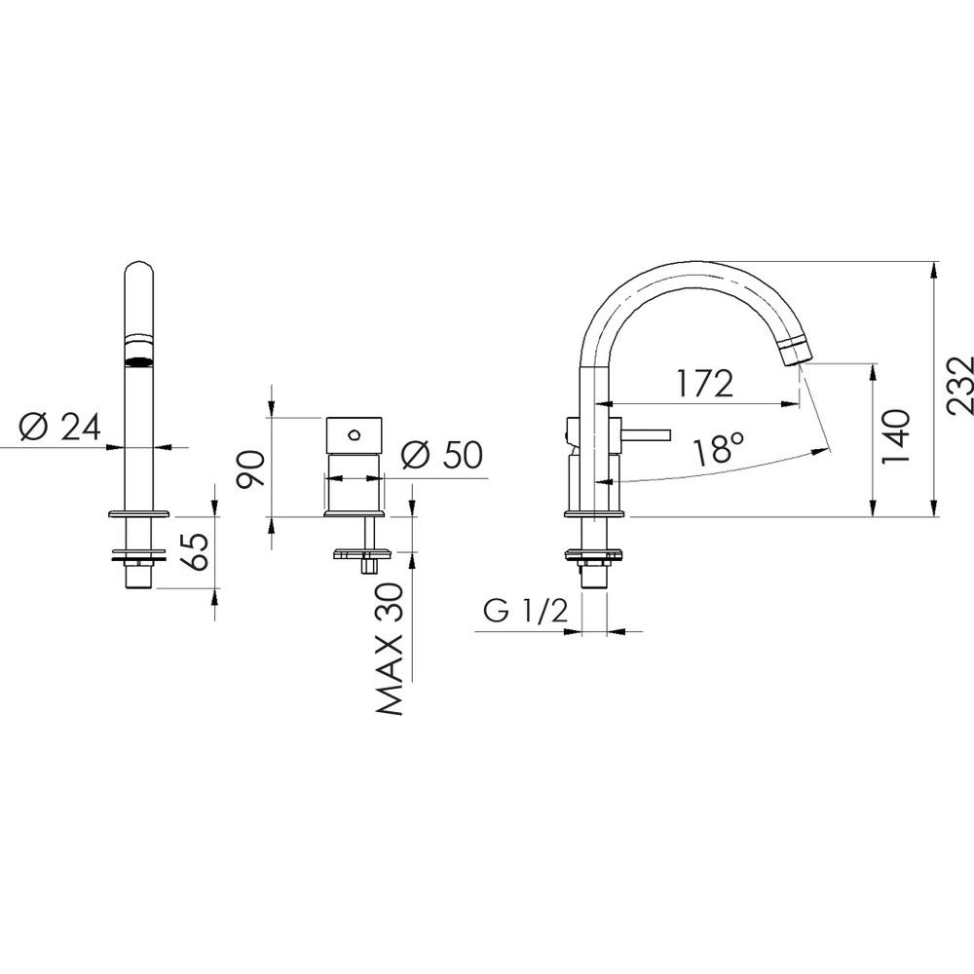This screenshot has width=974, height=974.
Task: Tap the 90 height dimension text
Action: pyautogui.click(x=252, y=469)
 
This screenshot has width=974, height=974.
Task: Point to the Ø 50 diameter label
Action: pyautogui.click(x=441, y=454)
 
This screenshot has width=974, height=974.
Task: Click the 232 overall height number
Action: pyautogui.click(x=958, y=385)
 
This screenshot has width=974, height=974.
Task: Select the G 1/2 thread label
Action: pyautogui.click(x=526, y=612)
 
